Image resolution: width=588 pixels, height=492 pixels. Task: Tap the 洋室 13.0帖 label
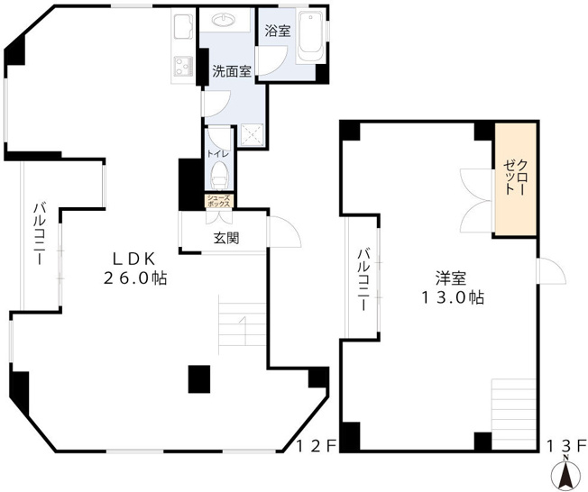(x=451, y=287)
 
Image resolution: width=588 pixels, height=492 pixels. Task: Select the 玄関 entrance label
(x=225, y=238)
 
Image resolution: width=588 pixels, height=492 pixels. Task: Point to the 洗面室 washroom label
(x=232, y=71)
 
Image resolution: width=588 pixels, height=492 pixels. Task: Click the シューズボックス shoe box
(x=220, y=202)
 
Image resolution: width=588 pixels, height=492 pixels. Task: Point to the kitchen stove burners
(x=184, y=67)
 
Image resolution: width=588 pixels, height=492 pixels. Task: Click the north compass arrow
(x=566, y=473)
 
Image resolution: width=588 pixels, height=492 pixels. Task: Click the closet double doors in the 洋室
(x=475, y=200)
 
